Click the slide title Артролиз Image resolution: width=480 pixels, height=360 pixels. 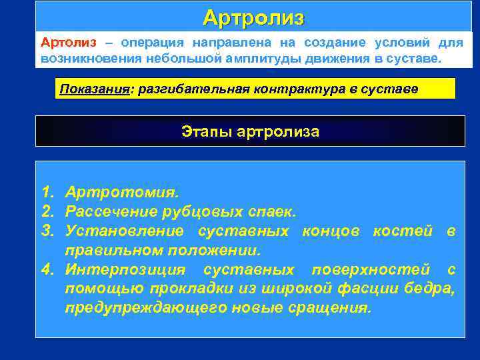(x=253, y=17)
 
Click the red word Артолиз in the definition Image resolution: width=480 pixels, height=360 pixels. (x=68, y=43)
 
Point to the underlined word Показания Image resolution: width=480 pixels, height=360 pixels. (x=93, y=89)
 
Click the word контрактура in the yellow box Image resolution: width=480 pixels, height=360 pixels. (x=287, y=89)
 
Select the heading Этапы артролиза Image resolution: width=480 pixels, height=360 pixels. (x=250, y=131)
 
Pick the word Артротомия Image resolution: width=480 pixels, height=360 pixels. (x=121, y=193)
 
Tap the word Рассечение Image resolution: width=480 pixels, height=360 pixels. (x=111, y=212)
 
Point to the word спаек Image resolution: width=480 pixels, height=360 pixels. (x=268, y=212)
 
